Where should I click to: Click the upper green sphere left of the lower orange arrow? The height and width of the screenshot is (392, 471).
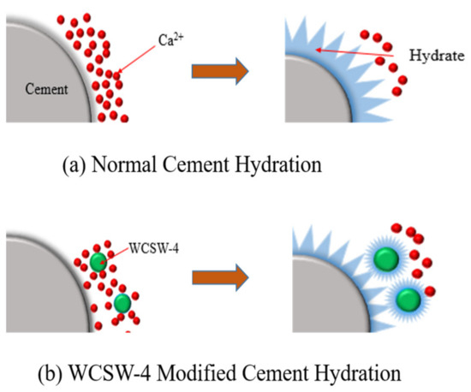[101, 262]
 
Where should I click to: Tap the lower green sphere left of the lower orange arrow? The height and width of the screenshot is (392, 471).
[122, 302]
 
